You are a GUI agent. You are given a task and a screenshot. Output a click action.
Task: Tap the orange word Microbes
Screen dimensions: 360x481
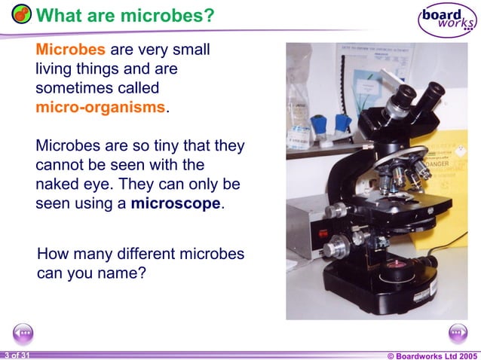pyautogui.click(x=71, y=50)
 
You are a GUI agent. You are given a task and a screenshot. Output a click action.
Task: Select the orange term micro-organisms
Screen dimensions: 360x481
pyautogui.click(x=100, y=107)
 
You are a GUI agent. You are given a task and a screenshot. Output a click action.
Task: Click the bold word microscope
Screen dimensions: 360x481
pyautogui.click(x=176, y=203)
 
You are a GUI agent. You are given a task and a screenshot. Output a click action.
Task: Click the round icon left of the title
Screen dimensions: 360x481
pyautogui.click(x=21, y=14)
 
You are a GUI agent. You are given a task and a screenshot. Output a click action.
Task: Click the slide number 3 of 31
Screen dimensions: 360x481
pyautogui.click(x=16, y=355)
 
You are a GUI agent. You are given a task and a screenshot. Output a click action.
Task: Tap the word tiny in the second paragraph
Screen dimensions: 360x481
pyautogui.click(x=174, y=145)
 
